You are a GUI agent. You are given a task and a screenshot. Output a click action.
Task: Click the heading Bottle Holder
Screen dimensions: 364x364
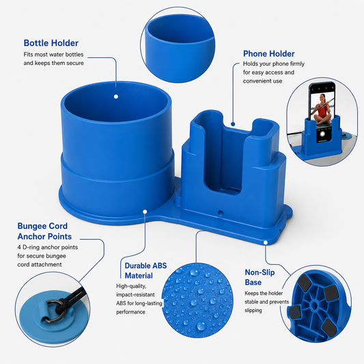coord(51,43)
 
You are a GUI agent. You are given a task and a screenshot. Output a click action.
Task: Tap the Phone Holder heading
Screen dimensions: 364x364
coord(269,54)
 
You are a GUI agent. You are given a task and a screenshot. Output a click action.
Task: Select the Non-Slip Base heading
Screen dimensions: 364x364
coord(260,277)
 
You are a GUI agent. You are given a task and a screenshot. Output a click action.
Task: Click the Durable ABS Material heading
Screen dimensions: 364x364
coord(145,270)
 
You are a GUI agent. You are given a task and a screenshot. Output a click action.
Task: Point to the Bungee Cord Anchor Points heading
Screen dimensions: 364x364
coord(44,231)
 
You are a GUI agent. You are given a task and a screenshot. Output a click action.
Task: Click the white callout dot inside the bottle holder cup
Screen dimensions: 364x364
coord(116,96)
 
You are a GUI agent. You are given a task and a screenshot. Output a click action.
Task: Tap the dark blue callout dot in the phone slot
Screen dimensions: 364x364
coord(233,124)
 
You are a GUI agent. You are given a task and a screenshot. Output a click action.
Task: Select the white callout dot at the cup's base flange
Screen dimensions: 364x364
coord(145,212)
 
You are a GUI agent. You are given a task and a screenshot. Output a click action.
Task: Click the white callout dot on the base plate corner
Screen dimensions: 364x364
coord(266,242)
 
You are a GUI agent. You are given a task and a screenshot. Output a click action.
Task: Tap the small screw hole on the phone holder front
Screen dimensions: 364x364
coord(221,212)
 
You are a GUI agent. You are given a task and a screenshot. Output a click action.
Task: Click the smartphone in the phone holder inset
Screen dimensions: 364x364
coord(322,111)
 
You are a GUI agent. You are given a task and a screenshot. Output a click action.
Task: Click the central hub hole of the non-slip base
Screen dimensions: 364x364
coord(314,305)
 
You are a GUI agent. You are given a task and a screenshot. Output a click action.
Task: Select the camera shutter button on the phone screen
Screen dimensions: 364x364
coord(322,134)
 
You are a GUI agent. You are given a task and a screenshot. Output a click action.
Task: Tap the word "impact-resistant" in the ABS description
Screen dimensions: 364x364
coord(135,294)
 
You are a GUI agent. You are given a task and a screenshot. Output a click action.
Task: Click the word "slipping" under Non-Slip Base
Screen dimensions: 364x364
coord(253,310)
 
